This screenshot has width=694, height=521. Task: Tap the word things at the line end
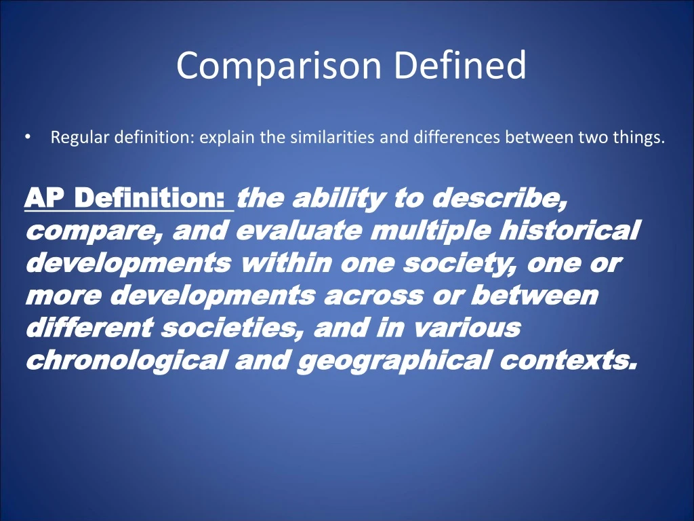pyautogui.click(x=640, y=138)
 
